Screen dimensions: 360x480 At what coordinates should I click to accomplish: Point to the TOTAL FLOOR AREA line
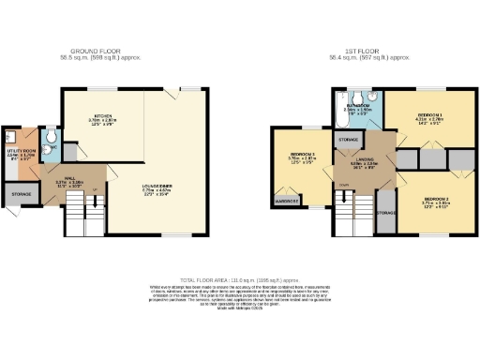point(239,279)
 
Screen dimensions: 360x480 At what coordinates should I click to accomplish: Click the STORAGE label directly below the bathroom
point(347,140)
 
